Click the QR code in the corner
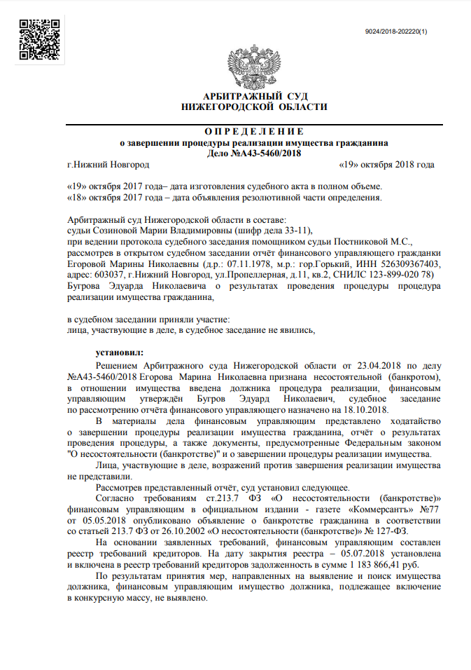point(38,39)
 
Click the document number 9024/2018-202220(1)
point(396,32)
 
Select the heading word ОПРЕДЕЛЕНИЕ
point(254,131)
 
